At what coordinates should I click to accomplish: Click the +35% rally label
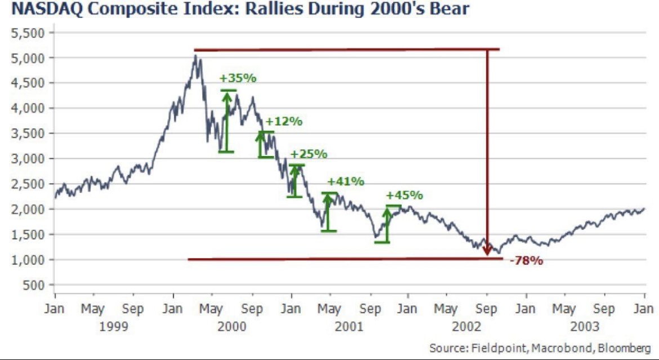point(238,78)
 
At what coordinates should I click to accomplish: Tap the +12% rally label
point(284,121)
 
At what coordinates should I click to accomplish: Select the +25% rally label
point(309,154)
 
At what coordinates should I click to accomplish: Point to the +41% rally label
point(345,181)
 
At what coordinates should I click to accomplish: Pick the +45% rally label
point(404,195)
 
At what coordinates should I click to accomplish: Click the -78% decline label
point(526,261)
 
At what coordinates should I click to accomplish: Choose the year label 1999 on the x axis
point(114,326)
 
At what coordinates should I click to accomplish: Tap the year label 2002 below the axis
point(467,326)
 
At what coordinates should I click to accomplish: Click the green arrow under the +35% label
point(227,121)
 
